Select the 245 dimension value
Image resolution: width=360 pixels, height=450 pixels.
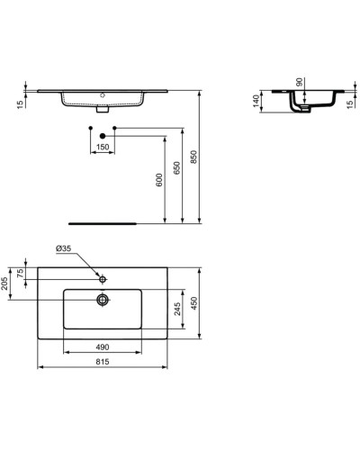click(x=179, y=310)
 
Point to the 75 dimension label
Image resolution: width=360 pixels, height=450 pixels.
click(x=21, y=274)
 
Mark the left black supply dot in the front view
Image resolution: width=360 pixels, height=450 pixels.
click(x=91, y=130)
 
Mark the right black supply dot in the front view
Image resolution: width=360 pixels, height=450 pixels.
click(x=114, y=130)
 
